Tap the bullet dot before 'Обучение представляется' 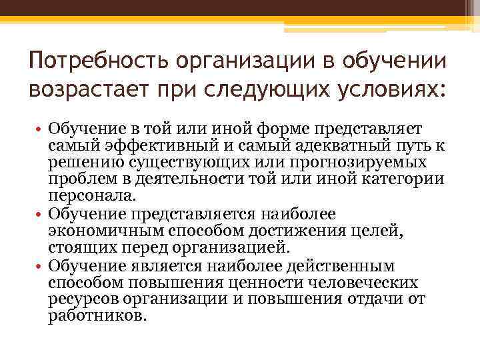click(39, 215)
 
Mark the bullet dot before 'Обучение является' click(39, 266)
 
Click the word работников click(97, 317)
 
